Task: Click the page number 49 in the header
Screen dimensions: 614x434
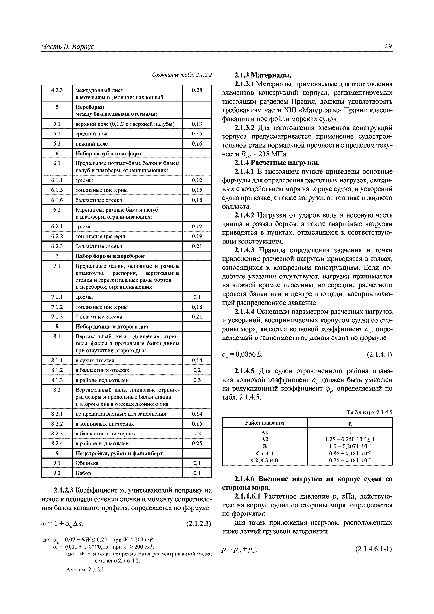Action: (x=388, y=47)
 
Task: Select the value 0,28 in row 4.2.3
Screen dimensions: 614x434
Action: (x=197, y=90)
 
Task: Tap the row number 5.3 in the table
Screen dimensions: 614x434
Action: (x=57, y=144)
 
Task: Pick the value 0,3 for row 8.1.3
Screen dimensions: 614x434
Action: (x=197, y=380)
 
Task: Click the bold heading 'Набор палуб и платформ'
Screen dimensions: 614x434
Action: (x=108, y=153)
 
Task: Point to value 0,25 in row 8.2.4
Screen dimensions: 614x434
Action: (x=197, y=443)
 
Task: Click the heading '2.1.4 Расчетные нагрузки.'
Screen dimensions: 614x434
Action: (x=277, y=163)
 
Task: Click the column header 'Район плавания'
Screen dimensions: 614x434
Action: (x=265, y=423)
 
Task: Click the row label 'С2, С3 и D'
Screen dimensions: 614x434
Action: (x=265, y=460)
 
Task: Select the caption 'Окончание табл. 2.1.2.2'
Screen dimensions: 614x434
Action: (x=182, y=75)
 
